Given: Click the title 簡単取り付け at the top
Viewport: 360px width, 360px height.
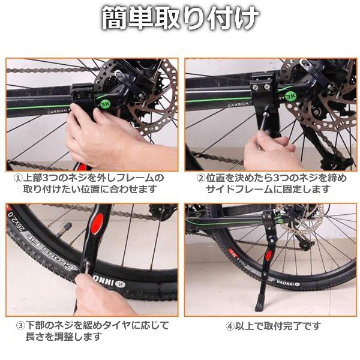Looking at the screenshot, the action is coord(181,19).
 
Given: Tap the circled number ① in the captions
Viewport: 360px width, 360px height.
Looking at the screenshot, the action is coord(19,178).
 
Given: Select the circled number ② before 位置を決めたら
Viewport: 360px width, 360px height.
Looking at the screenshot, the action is coord(201,178).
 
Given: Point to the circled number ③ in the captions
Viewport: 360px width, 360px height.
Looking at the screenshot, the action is coord(20,325).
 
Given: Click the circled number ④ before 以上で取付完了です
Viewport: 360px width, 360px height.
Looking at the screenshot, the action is coord(230,326).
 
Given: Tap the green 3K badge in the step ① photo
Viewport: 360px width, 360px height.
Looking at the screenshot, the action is coord(106,104).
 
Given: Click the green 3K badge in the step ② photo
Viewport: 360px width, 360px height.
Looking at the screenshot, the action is coord(290,96).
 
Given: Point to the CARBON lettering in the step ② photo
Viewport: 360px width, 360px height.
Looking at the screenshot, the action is coord(238,104).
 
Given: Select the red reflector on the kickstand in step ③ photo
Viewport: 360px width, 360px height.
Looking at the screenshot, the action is coord(97,223).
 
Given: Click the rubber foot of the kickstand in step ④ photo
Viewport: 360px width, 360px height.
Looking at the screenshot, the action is coord(260,303).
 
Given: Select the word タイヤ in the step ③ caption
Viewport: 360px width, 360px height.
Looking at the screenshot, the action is coord(118,326).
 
